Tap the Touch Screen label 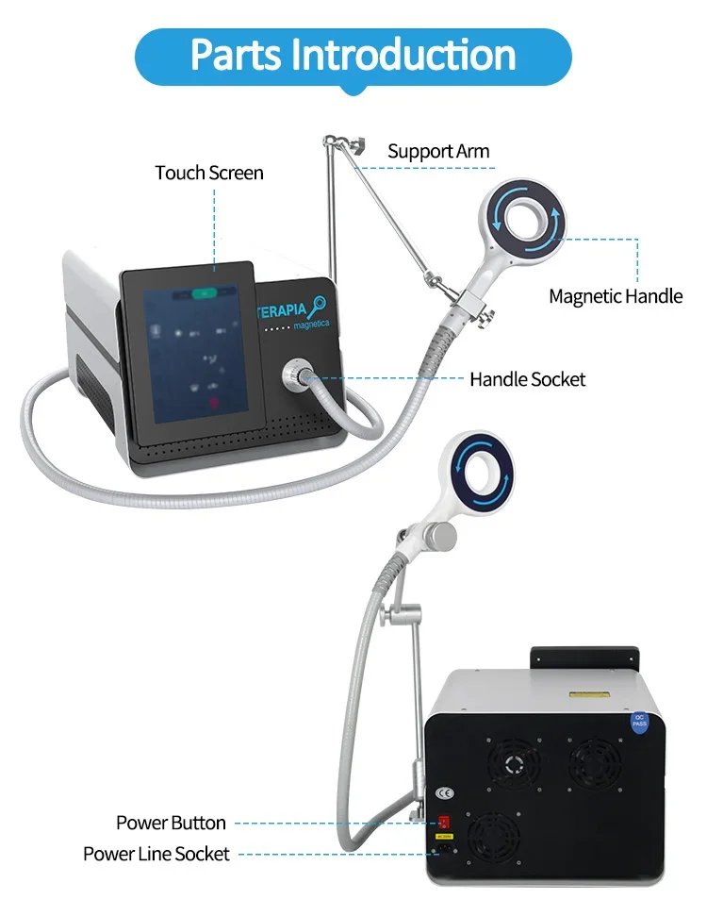pos(209,173)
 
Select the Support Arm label pos(438,151)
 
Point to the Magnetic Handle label pos(616,296)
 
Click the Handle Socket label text pos(527,379)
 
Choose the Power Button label pos(171,823)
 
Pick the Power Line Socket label pos(156,854)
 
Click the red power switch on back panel pos(442,818)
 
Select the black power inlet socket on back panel pos(442,854)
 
